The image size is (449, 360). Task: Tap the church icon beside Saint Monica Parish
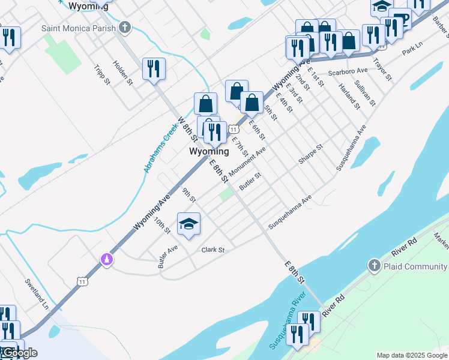125,27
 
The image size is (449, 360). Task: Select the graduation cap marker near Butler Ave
189,224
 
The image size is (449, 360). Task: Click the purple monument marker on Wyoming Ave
107,259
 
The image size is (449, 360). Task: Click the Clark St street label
212,250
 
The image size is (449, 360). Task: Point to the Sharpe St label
310,154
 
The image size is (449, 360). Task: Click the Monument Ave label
246,163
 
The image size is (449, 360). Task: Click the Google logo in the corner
19,353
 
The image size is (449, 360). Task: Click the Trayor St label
381,70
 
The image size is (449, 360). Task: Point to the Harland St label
349,96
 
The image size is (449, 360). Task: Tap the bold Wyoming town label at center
209,152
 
